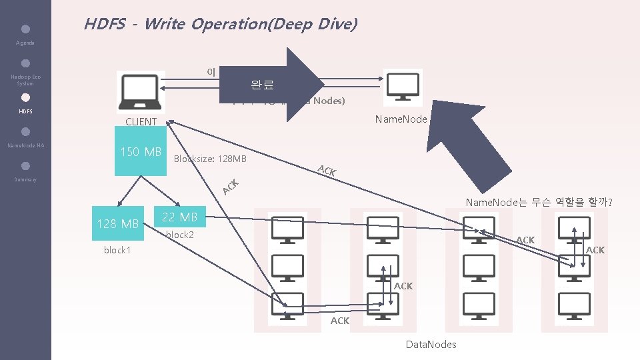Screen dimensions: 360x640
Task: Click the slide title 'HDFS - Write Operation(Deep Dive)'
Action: coord(220,25)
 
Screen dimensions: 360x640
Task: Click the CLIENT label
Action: coord(141,121)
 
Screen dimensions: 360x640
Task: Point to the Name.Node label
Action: coord(401,119)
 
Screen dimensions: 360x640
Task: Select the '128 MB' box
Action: coord(118,224)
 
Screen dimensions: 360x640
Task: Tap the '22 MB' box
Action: coord(180,217)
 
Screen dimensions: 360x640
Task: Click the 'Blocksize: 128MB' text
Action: coord(210,159)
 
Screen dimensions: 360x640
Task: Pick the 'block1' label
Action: coord(117,250)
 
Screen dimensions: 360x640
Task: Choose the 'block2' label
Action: coord(179,235)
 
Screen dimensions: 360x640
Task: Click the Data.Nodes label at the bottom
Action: coord(431,344)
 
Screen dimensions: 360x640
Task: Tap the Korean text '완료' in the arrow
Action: coord(262,85)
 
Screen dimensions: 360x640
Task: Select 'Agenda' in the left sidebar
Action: coord(25,43)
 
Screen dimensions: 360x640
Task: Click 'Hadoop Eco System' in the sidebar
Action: coord(25,80)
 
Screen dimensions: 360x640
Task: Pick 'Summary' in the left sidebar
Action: coord(25,180)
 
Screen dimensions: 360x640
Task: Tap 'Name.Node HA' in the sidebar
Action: coord(25,145)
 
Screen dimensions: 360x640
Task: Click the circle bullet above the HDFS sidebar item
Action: coord(25,97)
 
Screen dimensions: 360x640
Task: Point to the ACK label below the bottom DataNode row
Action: coord(340,321)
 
